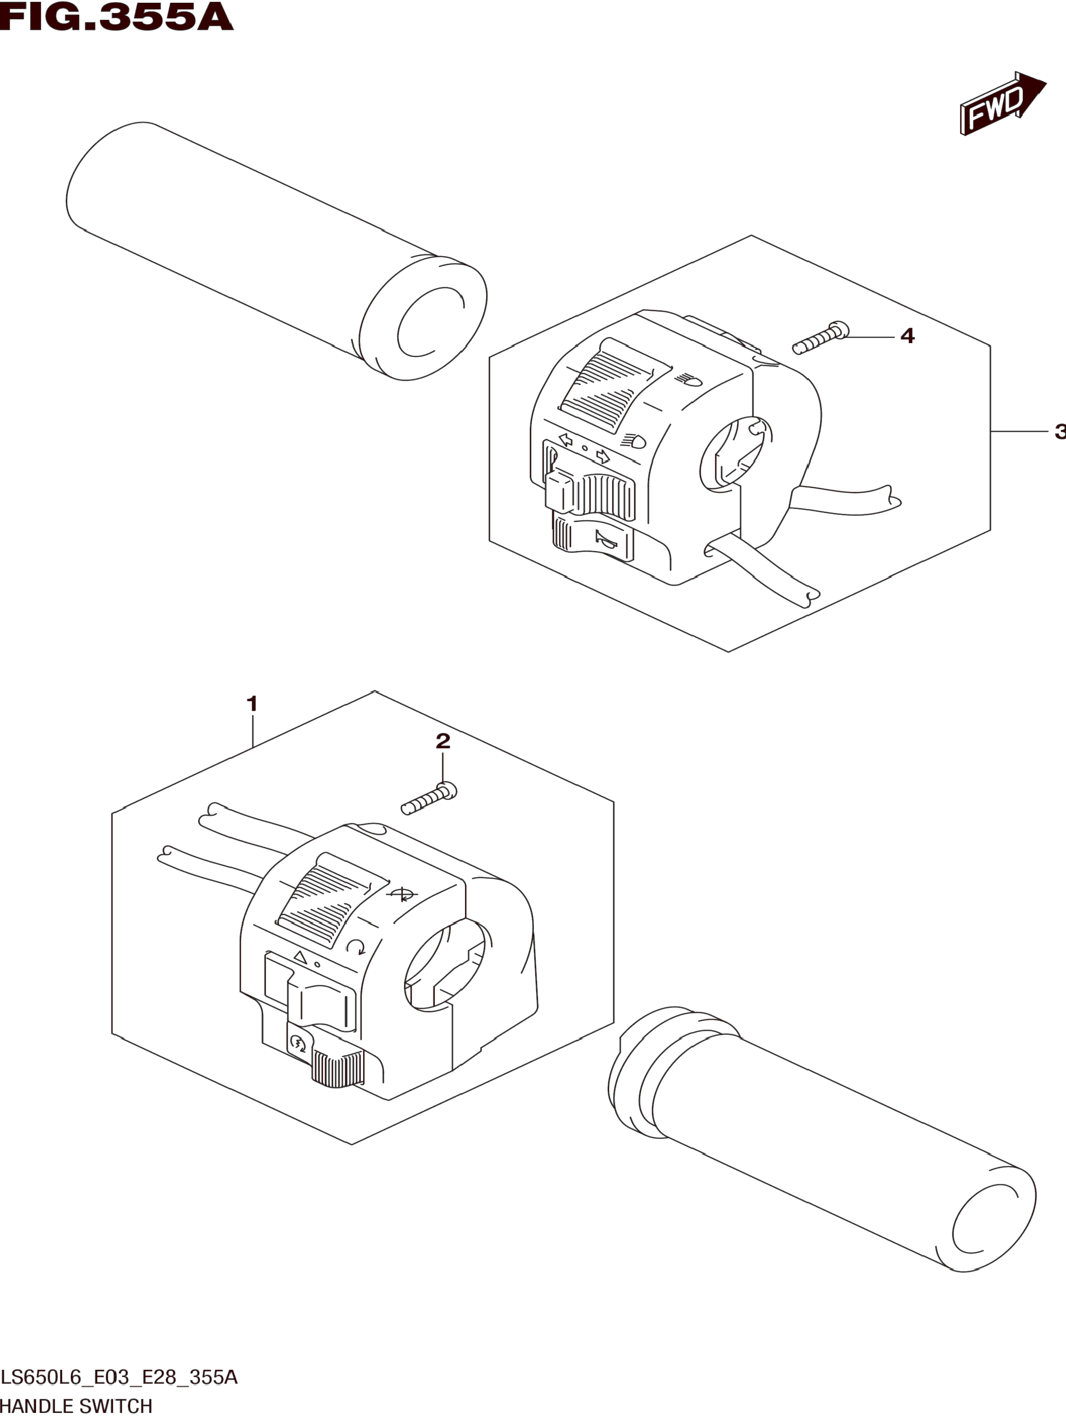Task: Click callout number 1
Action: [252, 704]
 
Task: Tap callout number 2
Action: [443, 741]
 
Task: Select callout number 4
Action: [907, 336]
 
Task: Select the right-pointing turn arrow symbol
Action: [602, 456]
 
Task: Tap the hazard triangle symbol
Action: [299, 975]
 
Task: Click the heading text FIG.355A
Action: [116, 17]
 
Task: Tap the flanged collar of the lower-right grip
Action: [640, 1070]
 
